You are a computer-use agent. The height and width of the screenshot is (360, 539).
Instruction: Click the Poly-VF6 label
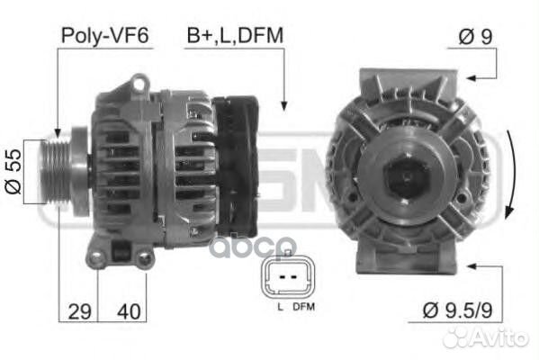pos(104,35)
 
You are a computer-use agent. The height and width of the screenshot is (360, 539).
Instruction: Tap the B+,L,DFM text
pos(235,35)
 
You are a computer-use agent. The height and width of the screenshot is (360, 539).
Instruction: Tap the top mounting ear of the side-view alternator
pos(139,85)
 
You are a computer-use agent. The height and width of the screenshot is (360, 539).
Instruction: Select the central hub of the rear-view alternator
pos(406,175)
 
